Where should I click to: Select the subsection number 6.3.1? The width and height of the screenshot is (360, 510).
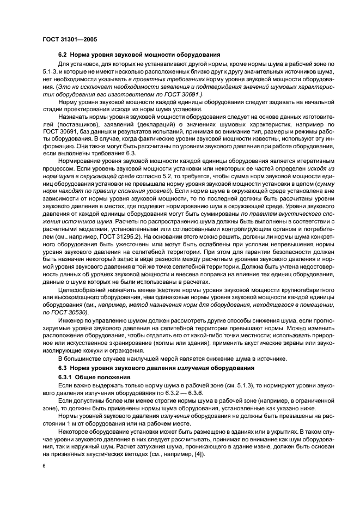point(66,377)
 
